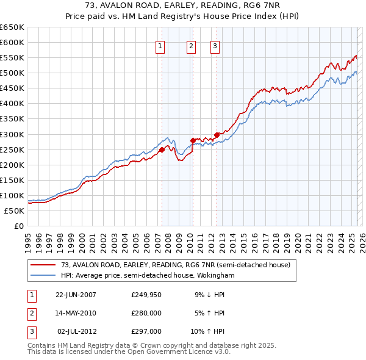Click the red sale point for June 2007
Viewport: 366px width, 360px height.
click(x=162, y=149)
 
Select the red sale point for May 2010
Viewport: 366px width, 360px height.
click(x=193, y=140)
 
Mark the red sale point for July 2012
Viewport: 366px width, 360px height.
click(x=216, y=135)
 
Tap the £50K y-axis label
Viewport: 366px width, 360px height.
click(x=15, y=211)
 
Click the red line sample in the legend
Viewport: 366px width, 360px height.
click(x=43, y=264)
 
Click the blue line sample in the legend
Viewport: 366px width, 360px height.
click(x=43, y=275)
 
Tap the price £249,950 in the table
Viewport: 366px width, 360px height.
click(x=146, y=294)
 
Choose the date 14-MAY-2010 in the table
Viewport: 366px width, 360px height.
click(x=76, y=313)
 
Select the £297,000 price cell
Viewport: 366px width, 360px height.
click(x=146, y=331)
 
